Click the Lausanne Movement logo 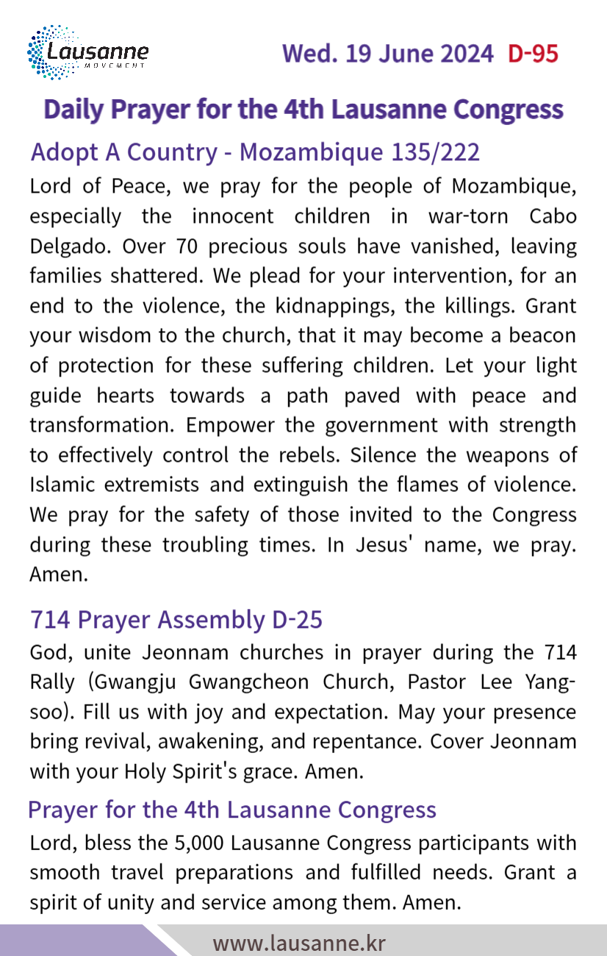(x=87, y=53)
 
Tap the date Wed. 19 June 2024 (x=387, y=54)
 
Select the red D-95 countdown (x=533, y=54)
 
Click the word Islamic (x=60, y=485)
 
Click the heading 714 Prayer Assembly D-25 (x=176, y=620)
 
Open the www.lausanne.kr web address (x=299, y=943)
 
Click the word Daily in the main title (x=73, y=110)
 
